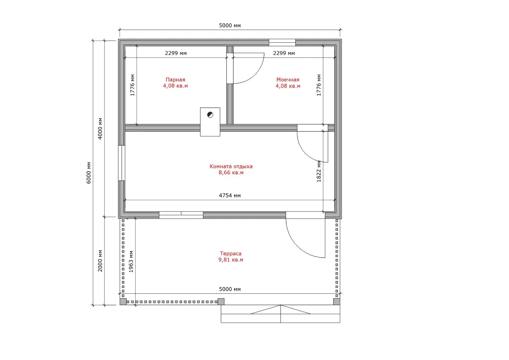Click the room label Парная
click(x=175, y=80)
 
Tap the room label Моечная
click(x=288, y=80)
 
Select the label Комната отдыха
click(x=231, y=166)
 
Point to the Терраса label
click(x=231, y=254)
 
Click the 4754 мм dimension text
click(x=230, y=196)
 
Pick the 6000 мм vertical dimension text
click(x=89, y=173)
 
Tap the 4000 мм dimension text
click(x=100, y=129)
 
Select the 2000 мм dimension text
click(x=100, y=261)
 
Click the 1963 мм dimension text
click(x=131, y=262)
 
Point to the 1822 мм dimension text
click(x=319, y=171)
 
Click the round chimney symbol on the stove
click(x=210, y=115)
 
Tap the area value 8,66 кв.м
click(x=231, y=172)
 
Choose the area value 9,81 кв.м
click(x=231, y=260)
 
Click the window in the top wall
click(x=282, y=42)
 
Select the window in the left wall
click(x=121, y=163)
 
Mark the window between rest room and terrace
click(x=181, y=215)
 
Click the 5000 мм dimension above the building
click(x=230, y=25)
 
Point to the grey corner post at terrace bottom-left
click(x=123, y=302)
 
